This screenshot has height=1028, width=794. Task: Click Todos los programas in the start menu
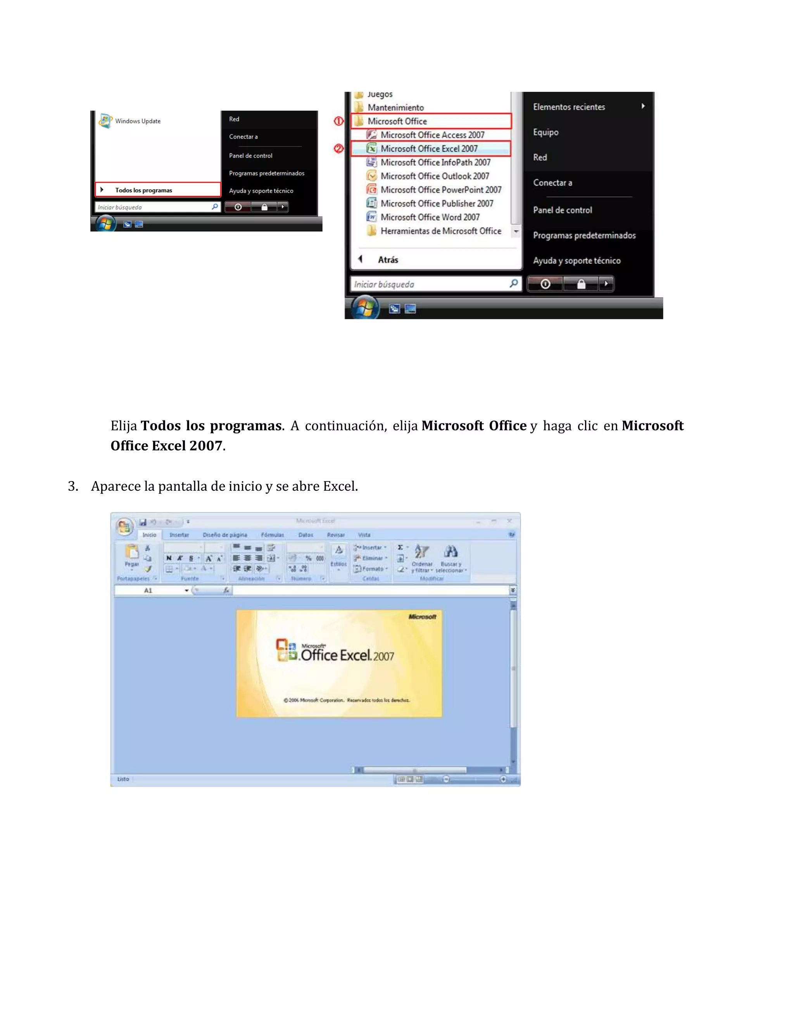[143, 190]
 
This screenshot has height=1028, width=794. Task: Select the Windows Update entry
[137, 121]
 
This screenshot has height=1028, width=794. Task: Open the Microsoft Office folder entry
[397, 121]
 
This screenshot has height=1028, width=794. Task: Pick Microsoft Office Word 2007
[430, 217]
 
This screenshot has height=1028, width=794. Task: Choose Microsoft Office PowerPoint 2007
[440, 190]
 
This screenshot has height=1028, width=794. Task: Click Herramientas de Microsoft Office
[440, 231]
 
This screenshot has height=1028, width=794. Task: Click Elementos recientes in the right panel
[569, 107]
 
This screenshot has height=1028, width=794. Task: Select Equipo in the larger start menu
[545, 132]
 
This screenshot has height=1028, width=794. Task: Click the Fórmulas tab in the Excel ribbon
[272, 535]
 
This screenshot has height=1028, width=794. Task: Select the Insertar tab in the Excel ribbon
[179, 535]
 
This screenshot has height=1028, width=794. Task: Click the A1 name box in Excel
[148, 590]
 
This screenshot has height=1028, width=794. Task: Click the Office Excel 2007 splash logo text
[347, 655]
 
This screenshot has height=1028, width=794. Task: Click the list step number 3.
[73, 486]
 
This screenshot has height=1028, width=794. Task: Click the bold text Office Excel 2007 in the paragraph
[166, 446]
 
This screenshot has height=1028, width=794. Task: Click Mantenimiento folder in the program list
[395, 108]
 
